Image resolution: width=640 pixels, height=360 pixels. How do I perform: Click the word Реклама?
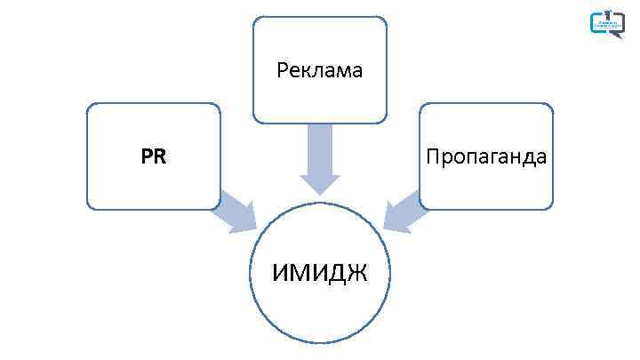point(320,70)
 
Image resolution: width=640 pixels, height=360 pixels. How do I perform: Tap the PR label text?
point(154,157)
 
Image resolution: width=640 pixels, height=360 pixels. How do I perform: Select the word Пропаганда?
point(486,157)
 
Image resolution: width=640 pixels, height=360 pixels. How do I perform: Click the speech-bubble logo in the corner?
point(608,22)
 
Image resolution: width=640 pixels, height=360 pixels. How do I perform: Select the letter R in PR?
point(160,157)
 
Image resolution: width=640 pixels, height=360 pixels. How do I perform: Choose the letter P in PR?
point(147,157)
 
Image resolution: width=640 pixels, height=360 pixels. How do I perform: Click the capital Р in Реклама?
point(282,70)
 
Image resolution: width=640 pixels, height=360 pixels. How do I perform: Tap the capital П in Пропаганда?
point(432,157)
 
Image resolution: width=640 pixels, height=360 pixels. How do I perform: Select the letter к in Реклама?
point(305,71)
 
